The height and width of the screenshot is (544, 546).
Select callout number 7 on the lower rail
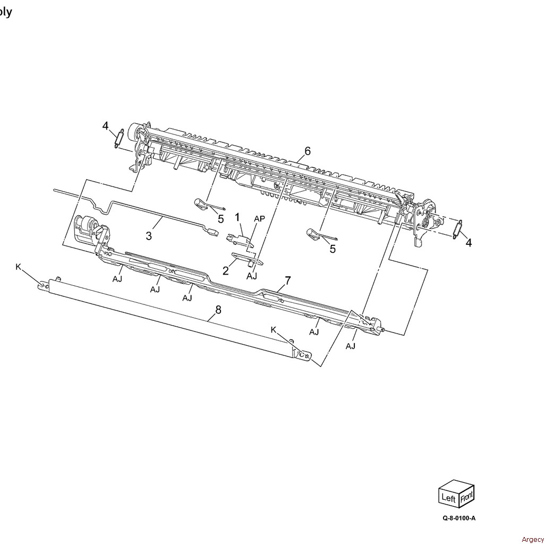tap(287, 280)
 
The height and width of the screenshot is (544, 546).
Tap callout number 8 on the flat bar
tap(218, 310)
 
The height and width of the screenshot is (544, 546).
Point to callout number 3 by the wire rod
tap(149, 235)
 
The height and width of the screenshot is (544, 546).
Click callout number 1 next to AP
tap(237, 217)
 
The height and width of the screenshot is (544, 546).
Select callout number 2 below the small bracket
tap(226, 271)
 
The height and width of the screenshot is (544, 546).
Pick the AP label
tap(259, 218)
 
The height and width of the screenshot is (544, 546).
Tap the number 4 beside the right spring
tap(468, 243)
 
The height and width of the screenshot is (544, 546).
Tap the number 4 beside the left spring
tap(105, 126)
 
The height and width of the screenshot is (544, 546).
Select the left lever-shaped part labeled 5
tap(201, 203)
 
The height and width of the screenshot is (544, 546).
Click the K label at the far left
tap(18, 267)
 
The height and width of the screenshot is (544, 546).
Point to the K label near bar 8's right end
tap(274, 329)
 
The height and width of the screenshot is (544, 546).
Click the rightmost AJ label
tap(351, 346)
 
